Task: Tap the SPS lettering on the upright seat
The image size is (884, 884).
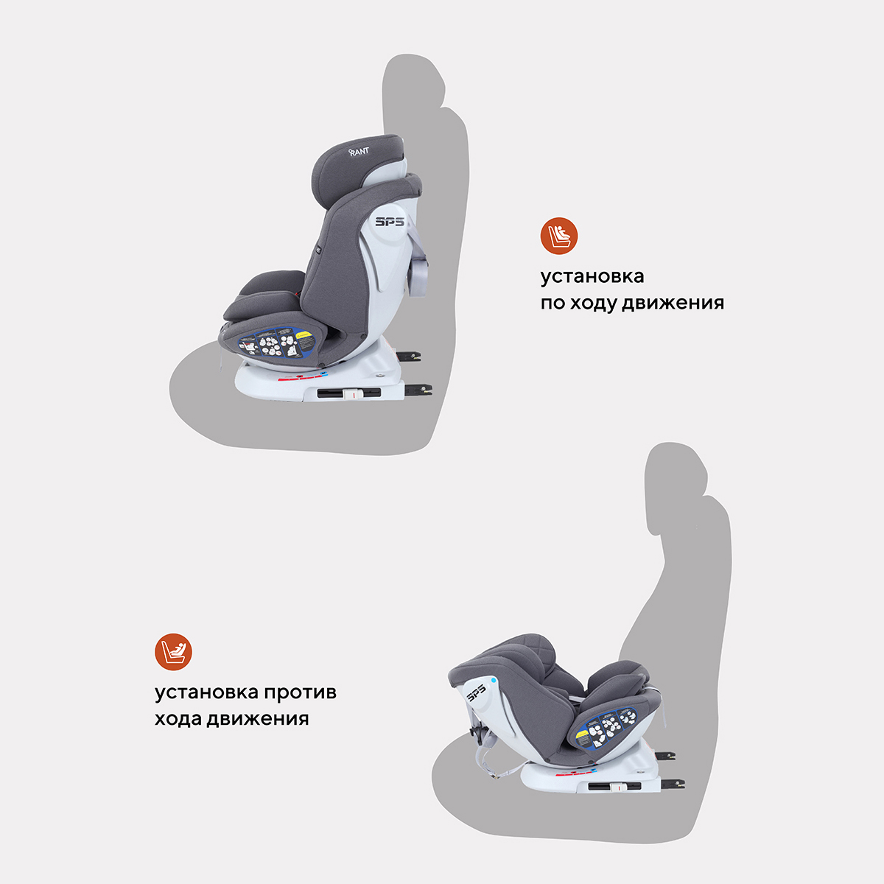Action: coord(390,221)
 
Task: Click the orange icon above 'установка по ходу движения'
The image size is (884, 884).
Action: coord(559,236)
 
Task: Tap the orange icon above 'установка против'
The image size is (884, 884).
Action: coord(173,652)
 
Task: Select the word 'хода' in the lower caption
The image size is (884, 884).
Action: coord(178,718)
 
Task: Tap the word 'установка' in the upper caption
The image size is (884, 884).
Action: coord(592,276)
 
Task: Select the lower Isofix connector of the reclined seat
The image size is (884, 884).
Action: coord(673,782)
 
